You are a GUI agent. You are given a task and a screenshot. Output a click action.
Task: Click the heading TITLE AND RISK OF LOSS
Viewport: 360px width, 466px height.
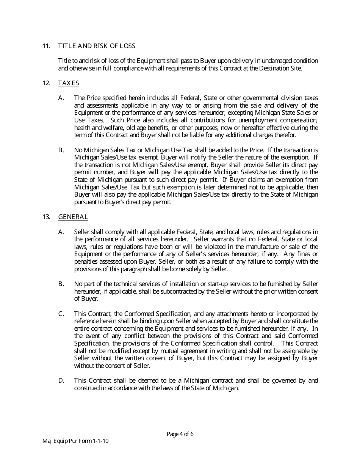point(97,46)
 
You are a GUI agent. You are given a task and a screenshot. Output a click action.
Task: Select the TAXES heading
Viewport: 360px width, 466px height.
point(69,83)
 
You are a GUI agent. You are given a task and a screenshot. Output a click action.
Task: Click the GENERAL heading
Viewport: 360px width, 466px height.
point(73,217)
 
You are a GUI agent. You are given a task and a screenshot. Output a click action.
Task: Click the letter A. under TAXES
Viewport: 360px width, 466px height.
point(61,98)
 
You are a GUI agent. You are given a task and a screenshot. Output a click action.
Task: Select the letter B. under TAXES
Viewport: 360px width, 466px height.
point(61,150)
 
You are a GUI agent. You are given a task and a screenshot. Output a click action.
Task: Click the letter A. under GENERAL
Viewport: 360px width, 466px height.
point(61,232)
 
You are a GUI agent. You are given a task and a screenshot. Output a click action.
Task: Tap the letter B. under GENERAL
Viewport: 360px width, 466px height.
point(61,284)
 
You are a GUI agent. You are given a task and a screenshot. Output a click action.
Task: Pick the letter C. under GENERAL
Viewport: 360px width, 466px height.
point(61,314)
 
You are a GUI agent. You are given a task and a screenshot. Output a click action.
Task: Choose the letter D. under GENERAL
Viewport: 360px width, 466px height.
point(61,380)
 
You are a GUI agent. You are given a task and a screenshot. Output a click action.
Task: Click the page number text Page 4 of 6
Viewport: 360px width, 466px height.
point(180,434)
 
